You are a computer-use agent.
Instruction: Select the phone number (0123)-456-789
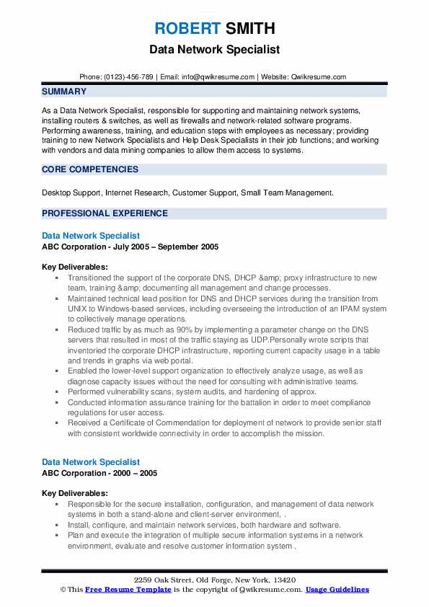128,77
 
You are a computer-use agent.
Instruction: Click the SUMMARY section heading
64,92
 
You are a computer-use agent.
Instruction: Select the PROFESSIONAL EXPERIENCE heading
105,213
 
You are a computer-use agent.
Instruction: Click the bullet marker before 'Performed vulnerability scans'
58,392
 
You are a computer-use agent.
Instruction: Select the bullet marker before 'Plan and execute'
58,536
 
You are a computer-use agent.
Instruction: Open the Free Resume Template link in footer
118,590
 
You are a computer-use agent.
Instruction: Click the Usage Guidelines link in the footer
337,590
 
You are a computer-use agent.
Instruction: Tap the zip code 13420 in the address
285,580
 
